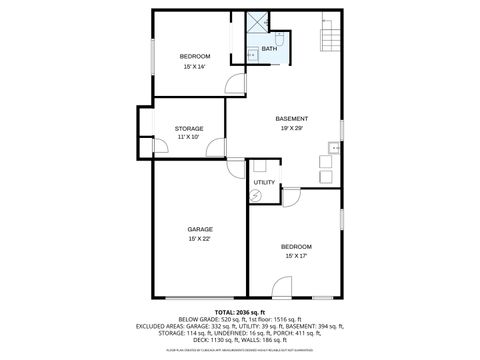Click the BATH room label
click(269, 49)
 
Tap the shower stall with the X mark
click(258, 22)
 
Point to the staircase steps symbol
click(329, 38)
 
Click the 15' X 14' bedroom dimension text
click(194, 67)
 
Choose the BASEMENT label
click(292, 119)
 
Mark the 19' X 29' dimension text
click(292, 129)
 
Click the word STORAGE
click(189, 128)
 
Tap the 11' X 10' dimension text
click(189, 138)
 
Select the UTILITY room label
click(264, 182)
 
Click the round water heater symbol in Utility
click(255, 197)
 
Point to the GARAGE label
click(199, 229)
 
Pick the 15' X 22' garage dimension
click(199, 239)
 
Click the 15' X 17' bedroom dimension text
click(296, 256)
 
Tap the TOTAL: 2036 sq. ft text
click(240, 313)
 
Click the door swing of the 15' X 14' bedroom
click(234, 86)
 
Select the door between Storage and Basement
click(215, 150)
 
